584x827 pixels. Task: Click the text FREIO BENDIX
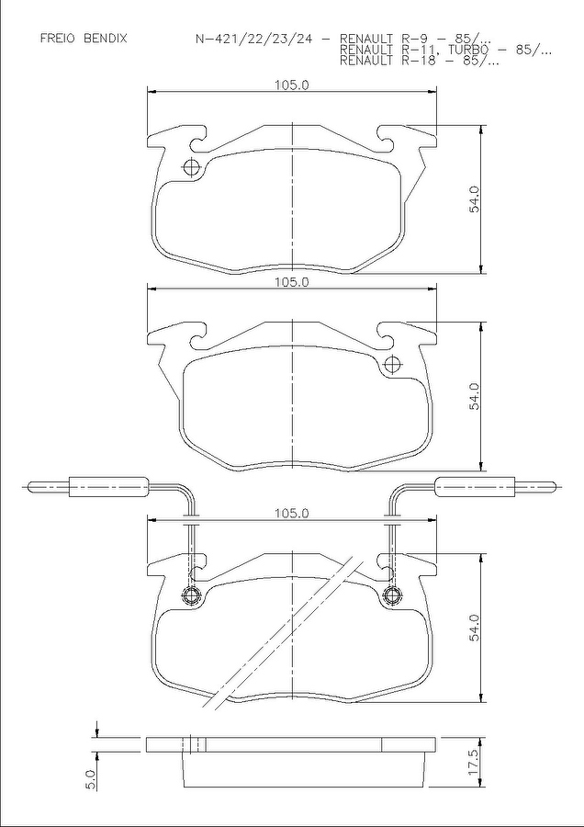point(84,39)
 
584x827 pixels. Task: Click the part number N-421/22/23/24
point(255,39)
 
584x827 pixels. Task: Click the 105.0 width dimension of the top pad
point(291,85)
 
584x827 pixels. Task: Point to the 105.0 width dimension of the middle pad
point(291,282)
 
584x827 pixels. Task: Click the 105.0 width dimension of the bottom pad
point(291,513)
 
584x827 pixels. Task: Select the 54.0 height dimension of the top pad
point(476,198)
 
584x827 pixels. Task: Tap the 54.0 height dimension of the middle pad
point(476,396)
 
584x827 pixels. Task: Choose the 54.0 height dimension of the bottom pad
point(476,628)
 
